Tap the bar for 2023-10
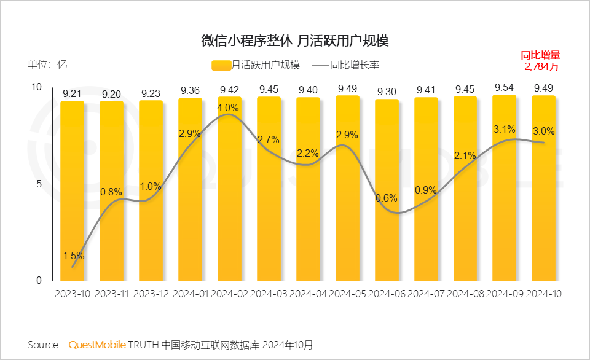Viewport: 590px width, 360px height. (x=72, y=190)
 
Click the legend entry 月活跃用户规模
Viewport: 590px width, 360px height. (x=256, y=65)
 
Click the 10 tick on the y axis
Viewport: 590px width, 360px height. (x=36, y=87)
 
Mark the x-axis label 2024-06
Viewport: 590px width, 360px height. (x=387, y=294)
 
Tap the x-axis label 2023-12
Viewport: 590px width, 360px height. (x=151, y=294)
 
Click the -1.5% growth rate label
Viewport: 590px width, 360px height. (x=72, y=256)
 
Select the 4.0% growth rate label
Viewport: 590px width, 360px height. (x=229, y=107)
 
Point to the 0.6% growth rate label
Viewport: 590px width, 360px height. (x=387, y=198)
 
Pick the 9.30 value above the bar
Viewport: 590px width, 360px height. (x=387, y=92)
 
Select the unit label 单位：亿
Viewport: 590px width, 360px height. (x=47, y=64)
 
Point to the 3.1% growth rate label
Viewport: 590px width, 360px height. (x=504, y=129)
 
